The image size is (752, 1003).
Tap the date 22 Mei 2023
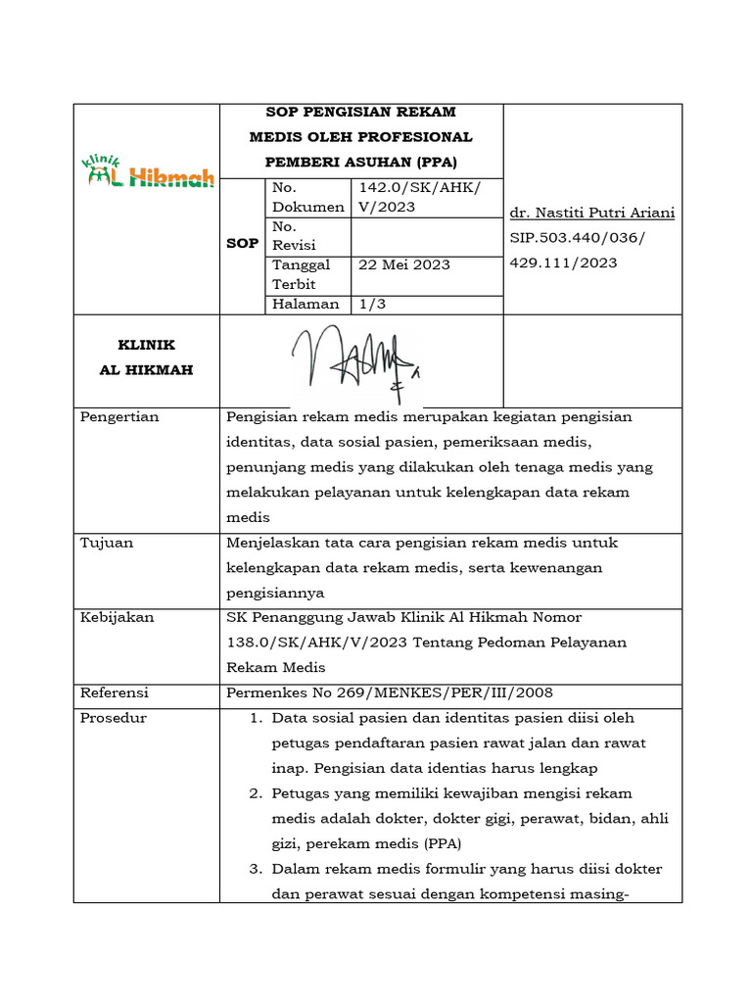(x=403, y=264)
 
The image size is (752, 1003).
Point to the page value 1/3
(x=372, y=304)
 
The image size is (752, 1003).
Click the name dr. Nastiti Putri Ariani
(x=592, y=214)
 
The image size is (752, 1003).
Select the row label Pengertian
(x=119, y=417)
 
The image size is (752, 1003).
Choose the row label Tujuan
(x=107, y=543)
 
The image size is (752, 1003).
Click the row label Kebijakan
(x=117, y=618)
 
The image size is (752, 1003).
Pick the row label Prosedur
(x=114, y=718)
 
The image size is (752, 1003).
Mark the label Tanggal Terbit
(x=302, y=274)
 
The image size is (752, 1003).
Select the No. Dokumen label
(x=307, y=197)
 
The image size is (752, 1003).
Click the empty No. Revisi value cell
(x=424, y=236)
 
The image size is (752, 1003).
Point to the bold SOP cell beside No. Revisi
(x=243, y=243)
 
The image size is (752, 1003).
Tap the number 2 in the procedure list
(x=255, y=793)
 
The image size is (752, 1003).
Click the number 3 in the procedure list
(x=255, y=869)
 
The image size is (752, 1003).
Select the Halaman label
(x=305, y=304)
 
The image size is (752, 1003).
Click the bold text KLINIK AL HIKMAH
(x=147, y=358)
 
